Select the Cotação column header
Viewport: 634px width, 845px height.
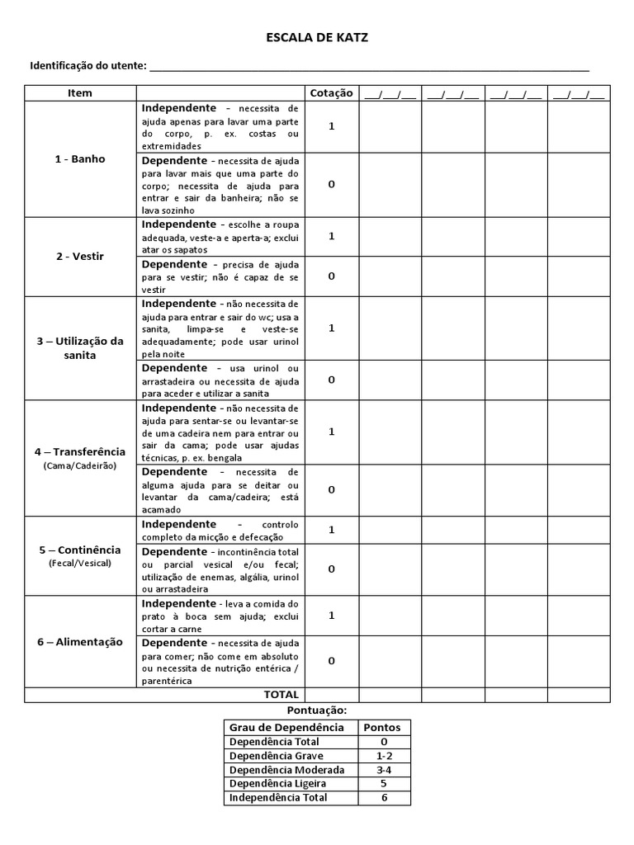331,93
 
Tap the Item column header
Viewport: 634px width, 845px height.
80,93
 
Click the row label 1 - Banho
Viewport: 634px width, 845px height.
80,159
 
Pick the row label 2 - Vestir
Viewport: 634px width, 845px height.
80,257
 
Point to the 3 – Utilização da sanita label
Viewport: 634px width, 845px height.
80,348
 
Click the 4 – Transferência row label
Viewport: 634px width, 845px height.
80,452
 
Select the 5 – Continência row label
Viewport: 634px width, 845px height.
80,550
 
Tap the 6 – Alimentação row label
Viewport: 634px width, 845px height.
80,642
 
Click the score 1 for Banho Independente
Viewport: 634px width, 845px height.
331,126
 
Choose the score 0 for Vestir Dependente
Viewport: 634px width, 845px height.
331,276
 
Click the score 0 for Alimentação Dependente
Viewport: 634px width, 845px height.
331,661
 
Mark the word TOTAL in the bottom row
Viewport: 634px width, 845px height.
281,695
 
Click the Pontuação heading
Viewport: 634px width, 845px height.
317,710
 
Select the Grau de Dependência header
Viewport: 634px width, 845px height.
287,728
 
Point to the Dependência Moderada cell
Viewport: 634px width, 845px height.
287,770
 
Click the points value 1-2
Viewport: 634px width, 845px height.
383,756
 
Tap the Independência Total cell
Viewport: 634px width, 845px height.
278,798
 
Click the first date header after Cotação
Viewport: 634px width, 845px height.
390,93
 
